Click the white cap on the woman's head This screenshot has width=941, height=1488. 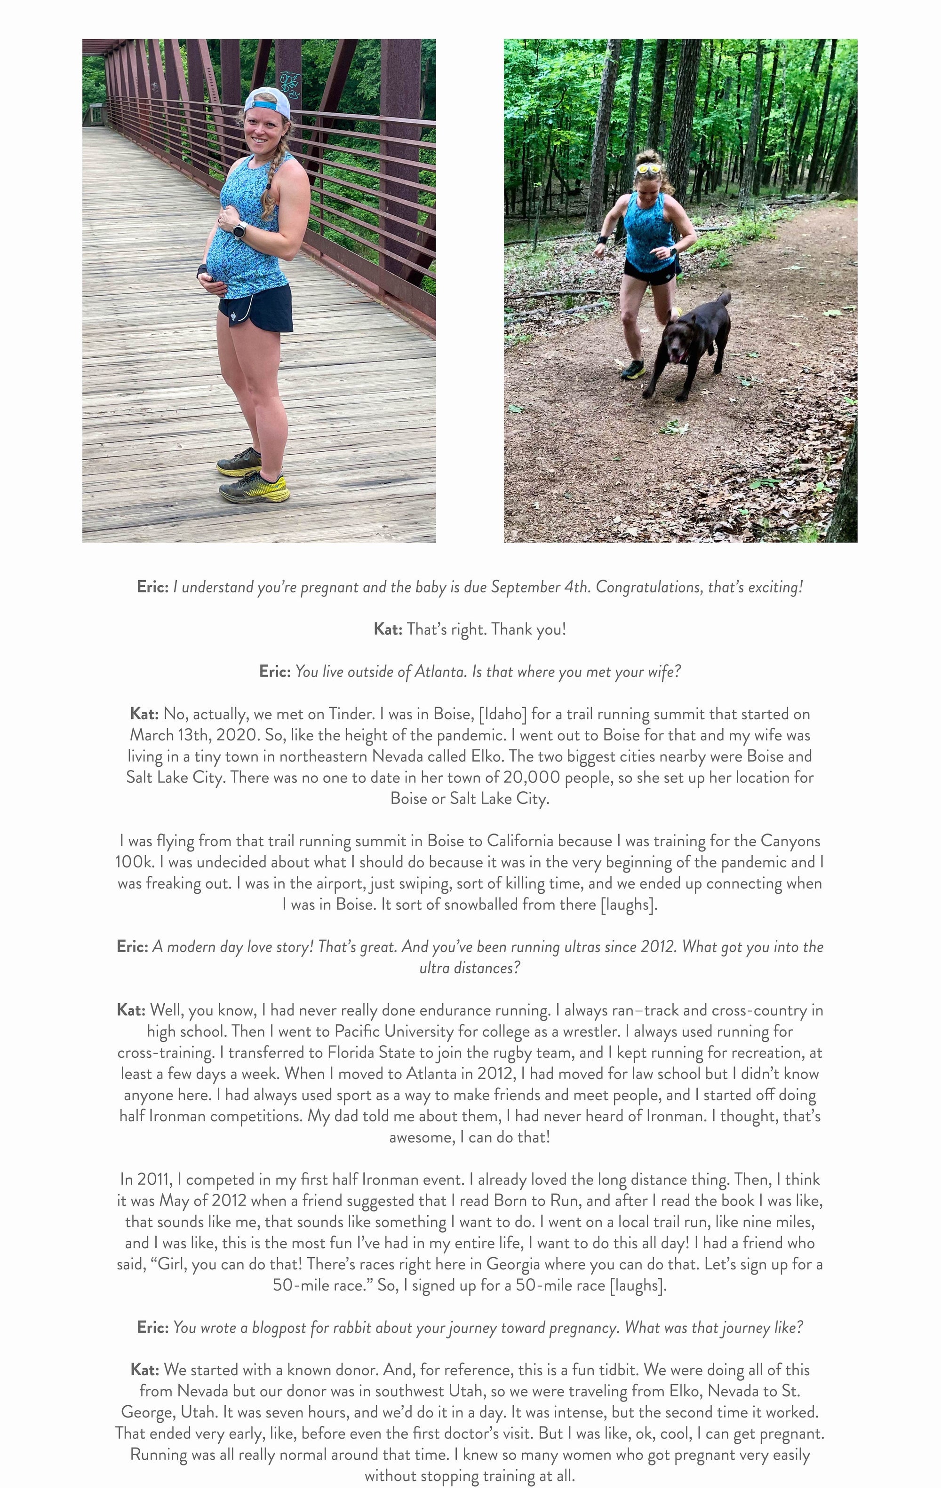tap(268, 102)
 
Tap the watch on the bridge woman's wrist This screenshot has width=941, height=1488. tap(240, 229)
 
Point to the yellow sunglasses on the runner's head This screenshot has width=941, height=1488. tap(648, 168)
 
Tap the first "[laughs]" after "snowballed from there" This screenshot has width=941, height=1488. tap(628, 905)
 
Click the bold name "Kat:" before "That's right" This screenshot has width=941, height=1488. tap(388, 630)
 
